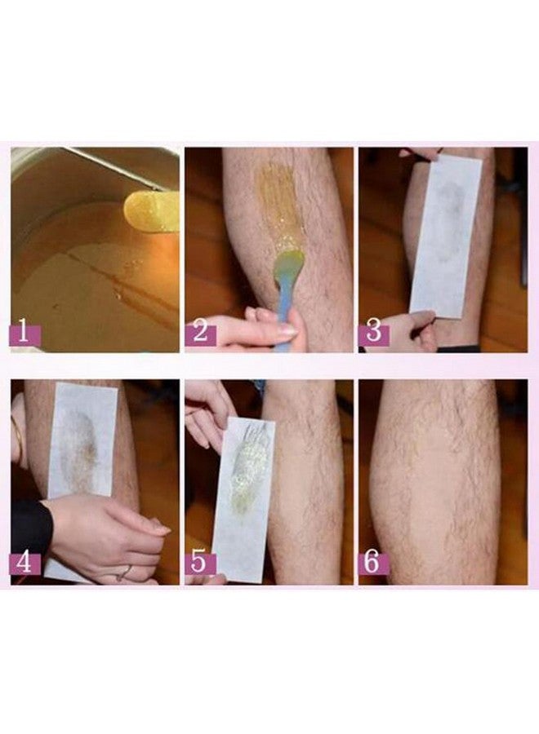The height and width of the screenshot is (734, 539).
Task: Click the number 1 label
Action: coord(25,332)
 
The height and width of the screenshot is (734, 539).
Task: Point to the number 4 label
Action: coord(25,564)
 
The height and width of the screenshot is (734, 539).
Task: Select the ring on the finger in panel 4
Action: coord(123,572)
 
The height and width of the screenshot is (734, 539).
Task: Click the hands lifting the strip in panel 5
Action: coord(209,412)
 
